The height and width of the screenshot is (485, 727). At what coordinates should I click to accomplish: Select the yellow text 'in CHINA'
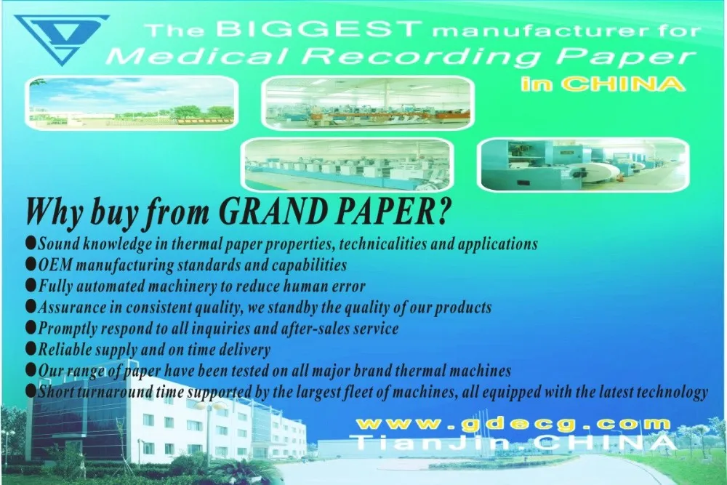pos(603,84)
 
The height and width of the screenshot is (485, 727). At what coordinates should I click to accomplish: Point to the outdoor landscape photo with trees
pos(132,103)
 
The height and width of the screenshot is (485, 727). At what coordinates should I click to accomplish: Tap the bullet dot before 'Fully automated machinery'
pos(31,285)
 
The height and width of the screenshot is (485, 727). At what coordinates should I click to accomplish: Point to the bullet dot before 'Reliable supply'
pos(31,348)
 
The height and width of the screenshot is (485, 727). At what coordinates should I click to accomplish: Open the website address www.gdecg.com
pos(513,424)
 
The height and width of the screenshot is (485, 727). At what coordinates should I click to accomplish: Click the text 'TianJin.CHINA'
pos(513,442)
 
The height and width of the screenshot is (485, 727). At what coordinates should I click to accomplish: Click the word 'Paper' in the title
pos(625,57)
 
